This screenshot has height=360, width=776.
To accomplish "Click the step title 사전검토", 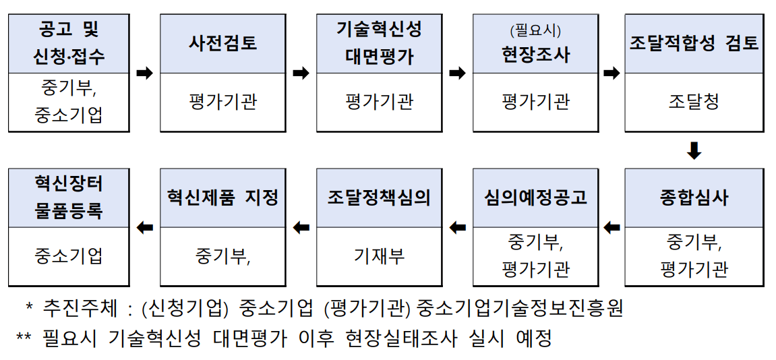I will (x=222, y=44).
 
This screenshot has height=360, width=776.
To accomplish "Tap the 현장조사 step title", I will (x=535, y=54).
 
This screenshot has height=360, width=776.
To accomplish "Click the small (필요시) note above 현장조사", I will (x=535, y=30).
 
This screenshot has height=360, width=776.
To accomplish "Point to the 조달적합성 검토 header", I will (x=694, y=44).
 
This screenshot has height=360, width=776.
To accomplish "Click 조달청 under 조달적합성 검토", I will (x=694, y=102).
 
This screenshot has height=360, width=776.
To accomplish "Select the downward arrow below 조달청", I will (x=694, y=150).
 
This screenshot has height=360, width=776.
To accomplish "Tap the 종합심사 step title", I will (x=694, y=198).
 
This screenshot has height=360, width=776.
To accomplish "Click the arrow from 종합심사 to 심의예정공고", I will (x=612, y=228).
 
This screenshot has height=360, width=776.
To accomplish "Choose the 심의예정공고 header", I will (x=535, y=198).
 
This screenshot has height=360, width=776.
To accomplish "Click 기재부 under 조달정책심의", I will (x=379, y=257).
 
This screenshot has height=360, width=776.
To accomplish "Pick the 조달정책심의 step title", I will (x=379, y=198).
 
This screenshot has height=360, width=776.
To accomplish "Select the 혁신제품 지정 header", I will (x=222, y=198).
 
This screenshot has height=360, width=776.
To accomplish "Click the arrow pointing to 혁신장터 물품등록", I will (x=144, y=228).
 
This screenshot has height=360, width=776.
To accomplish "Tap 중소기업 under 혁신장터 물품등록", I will (x=69, y=257).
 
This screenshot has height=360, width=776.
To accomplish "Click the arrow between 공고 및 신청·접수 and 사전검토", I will (x=144, y=73).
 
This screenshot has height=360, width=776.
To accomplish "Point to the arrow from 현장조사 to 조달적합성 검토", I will (x=612, y=73).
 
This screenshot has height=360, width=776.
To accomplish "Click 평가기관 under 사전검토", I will (x=222, y=102).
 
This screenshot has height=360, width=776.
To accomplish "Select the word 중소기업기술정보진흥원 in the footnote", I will (x=520, y=308).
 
